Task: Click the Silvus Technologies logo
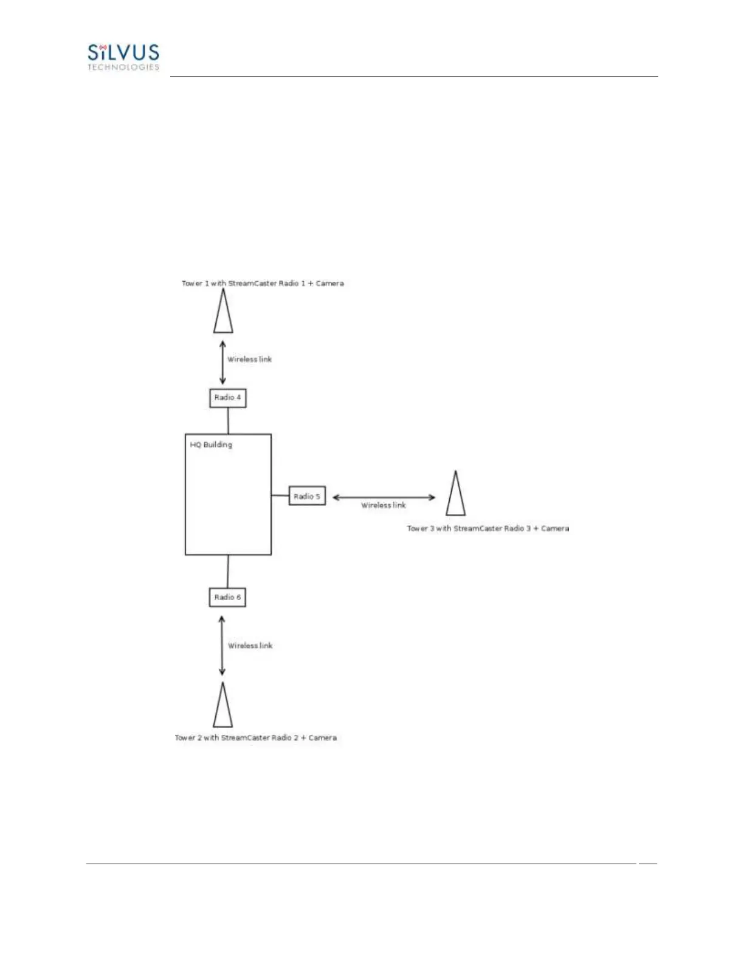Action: [123, 56]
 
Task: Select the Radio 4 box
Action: [228, 398]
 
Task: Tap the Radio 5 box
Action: [307, 496]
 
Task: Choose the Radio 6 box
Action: [228, 598]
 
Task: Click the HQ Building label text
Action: [211, 445]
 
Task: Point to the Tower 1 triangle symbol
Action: [223, 312]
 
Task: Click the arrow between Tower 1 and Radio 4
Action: [222, 363]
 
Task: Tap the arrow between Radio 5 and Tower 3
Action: [384, 497]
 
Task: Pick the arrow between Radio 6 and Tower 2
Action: [222, 646]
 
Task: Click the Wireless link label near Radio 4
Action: [250, 360]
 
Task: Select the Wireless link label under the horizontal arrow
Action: [384, 505]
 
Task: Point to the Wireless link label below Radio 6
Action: [250, 646]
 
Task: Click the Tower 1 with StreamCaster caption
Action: [263, 284]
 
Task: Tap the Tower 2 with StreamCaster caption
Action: [256, 738]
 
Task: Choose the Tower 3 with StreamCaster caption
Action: [488, 528]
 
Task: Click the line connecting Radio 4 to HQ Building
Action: [228, 420]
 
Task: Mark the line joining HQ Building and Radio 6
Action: [228, 571]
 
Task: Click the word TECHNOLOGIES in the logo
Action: [123, 67]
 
